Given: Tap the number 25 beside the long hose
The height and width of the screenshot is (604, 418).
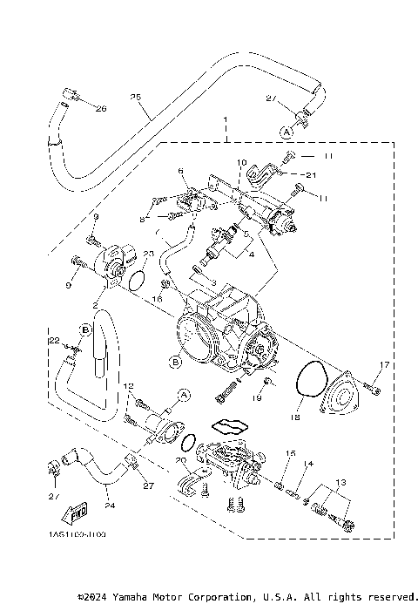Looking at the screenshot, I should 135,97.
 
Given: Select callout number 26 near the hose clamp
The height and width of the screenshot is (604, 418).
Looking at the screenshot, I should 99,109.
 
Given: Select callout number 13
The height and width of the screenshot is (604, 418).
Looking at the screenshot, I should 339,482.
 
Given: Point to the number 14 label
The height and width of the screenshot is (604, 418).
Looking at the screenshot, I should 307,465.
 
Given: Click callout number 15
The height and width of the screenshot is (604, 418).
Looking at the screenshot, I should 291,453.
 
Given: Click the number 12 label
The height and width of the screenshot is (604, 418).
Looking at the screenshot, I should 128,385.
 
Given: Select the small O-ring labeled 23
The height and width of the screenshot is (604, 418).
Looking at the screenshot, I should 135,278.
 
